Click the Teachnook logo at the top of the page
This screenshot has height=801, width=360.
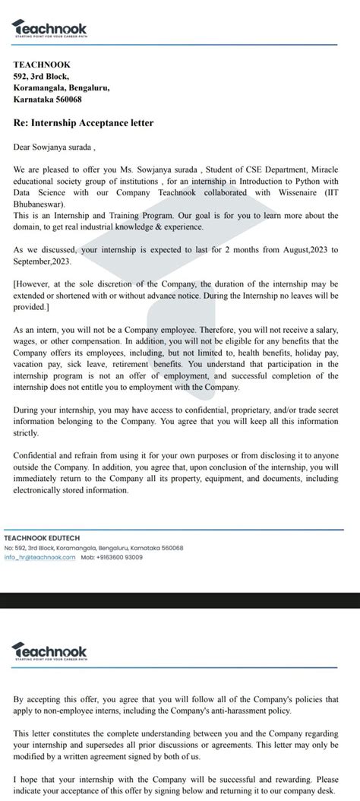(50, 29)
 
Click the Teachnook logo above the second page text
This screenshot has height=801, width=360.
(50, 651)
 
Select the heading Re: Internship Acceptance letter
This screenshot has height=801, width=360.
(84, 122)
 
